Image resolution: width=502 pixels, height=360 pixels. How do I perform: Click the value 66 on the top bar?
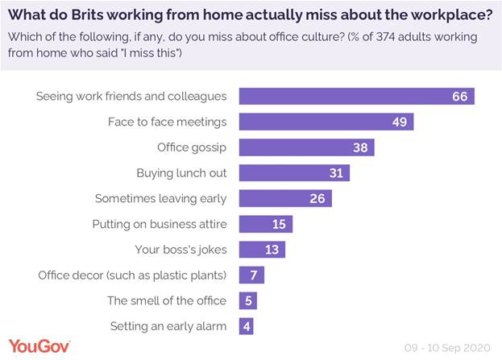(460, 97)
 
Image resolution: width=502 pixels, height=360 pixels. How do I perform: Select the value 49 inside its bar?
(400, 122)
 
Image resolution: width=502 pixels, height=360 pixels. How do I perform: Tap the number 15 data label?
(279, 224)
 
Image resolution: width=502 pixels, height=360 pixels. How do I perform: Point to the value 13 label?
(272, 250)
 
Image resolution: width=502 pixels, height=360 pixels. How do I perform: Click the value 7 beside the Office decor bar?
(253, 275)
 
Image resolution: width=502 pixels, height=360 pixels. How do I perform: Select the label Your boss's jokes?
(181, 250)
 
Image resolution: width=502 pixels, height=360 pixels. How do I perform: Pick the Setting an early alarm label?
(168, 326)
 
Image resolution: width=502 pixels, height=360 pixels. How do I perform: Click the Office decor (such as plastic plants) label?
(132, 275)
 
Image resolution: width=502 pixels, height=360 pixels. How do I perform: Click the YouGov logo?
(38, 346)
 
